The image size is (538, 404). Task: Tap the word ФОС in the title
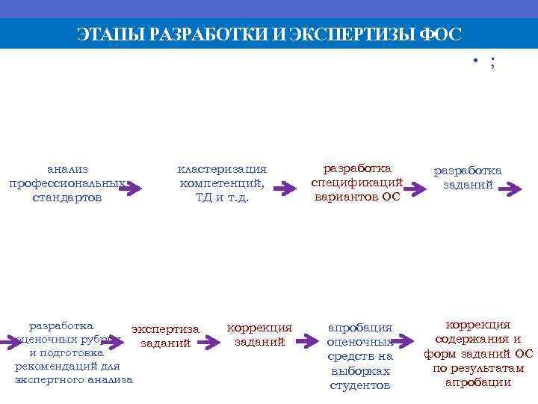pyautogui.click(x=441, y=34)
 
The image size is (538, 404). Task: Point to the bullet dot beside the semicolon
pyautogui.click(x=475, y=61)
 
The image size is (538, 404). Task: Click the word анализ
pyautogui.click(x=67, y=169)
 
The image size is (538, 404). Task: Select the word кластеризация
pyautogui.click(x=222, y=169)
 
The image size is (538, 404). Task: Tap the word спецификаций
pyautogui.click(x=356, y=183)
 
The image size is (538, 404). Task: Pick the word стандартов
pyautogui.click(x=67, y=198)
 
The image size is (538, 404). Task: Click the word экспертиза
pyautogui.click(x=165, y=328)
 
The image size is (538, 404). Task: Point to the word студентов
pyautogui.click(x=360, y=385)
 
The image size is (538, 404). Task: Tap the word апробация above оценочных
pyautogui.click(x=360, y=328)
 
